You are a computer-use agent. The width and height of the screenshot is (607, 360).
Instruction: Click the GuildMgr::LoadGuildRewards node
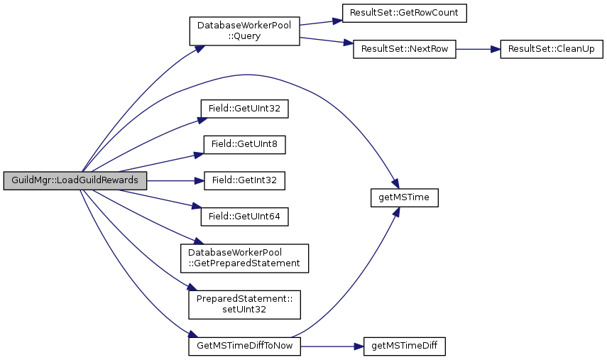[74, 180]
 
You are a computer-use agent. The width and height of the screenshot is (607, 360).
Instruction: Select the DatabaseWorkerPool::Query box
[244, 31]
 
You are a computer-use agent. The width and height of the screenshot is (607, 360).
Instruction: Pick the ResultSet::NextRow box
[404, 50]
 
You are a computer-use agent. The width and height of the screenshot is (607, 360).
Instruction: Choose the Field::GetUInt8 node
[244, 145]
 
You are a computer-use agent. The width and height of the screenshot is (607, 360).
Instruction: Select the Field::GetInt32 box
[244, 180]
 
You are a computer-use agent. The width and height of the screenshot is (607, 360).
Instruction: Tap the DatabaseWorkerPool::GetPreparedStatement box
[244, 257]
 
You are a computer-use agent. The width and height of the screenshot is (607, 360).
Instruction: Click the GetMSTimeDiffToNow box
[244, 346]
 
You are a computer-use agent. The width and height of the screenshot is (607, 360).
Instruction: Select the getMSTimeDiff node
[404, 346]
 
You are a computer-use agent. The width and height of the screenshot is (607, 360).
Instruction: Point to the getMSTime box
[404, 198]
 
